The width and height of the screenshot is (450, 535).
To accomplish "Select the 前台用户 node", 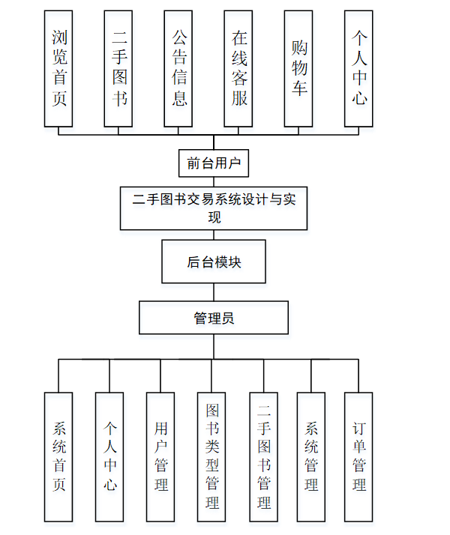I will point(214,163).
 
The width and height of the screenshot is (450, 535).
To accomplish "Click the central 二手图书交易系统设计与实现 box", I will point(214,208).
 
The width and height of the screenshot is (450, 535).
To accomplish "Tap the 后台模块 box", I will point(214,262).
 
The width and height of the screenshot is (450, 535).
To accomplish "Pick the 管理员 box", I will point(214,318).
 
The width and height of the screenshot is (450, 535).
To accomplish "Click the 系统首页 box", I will point(58,456).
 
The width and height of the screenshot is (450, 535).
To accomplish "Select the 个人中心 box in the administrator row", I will point(109,456).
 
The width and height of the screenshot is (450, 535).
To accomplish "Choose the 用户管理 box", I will point(160,456).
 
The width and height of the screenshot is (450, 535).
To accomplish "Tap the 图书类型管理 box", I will point(211,456).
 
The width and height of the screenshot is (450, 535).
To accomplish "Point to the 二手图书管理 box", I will point(263,456).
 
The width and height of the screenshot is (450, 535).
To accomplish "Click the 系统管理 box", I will point(311,456).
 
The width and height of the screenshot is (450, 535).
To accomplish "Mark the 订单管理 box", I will point(358,456).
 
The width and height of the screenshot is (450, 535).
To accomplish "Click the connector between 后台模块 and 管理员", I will point(214,292).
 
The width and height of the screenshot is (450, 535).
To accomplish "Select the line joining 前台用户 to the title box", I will point(214,181).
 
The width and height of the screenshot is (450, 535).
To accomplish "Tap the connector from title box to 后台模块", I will point(214,235).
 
